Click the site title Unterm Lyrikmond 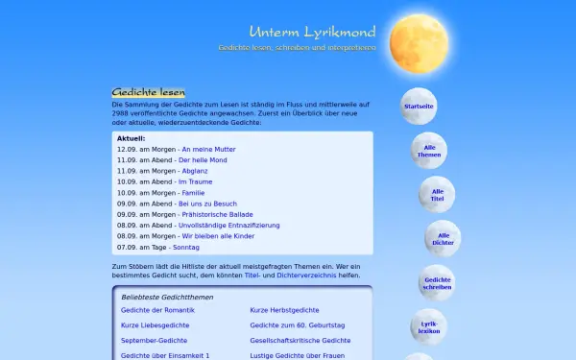coord(311,32)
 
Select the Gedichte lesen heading coord(149,92)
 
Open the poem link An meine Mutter coord(208,150)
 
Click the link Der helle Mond coord(203,160)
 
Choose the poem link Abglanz coord(194,171)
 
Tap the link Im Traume coord(195,181)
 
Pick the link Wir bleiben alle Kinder coord(218,235)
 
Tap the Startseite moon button coord(419,106)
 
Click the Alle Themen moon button coord(429,150)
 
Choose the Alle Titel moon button coord(438,194)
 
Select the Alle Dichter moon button coord(444,238)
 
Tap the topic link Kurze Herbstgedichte coord(283,311)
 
